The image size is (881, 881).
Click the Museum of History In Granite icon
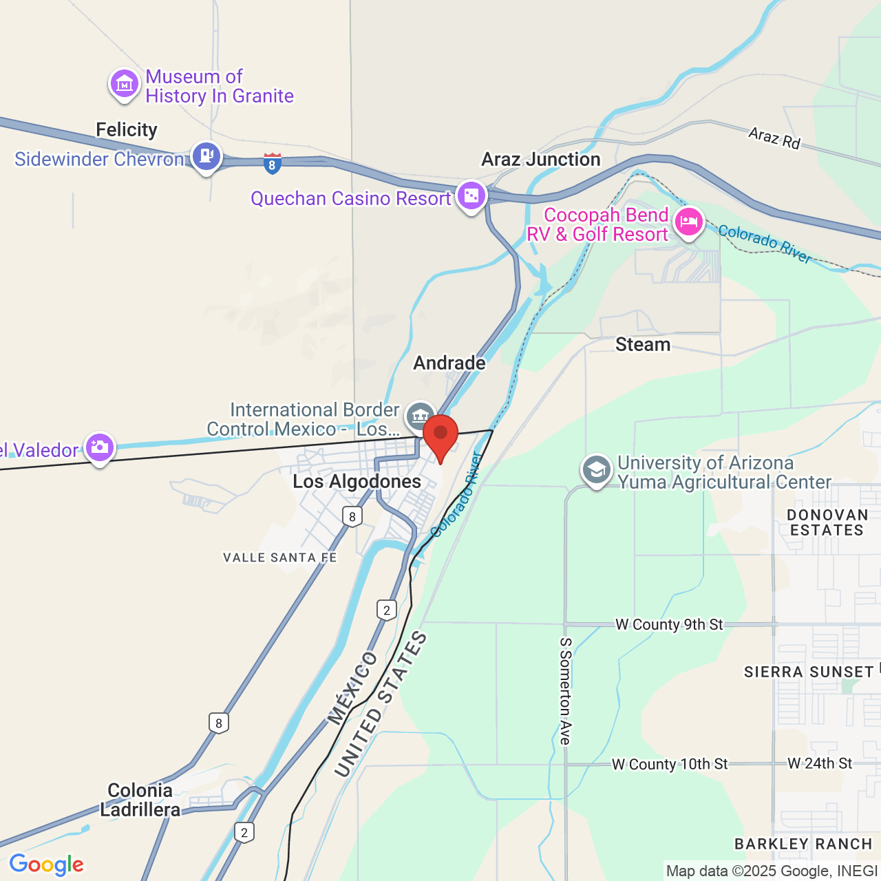(125, 85)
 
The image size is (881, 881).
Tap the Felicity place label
(127, 129)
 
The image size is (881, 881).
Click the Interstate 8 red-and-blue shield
(272, 163)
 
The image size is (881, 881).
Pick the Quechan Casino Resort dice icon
(471, 196)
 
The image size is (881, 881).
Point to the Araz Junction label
(541, 159)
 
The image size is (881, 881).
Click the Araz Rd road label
(774, 138)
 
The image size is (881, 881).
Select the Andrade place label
(449, 363)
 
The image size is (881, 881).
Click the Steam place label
(643, 344)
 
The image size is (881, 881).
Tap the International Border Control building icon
(420, 416)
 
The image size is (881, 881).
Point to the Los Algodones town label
(357, 481)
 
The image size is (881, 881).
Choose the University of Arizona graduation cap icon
(596, 471)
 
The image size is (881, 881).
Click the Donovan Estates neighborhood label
(827, 522)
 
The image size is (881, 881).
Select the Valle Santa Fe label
(280, 558)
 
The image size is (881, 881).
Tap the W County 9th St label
(669, 624)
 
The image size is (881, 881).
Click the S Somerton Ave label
(565, 691)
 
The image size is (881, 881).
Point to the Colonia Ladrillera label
(140, 800)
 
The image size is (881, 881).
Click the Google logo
(46, 864)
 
